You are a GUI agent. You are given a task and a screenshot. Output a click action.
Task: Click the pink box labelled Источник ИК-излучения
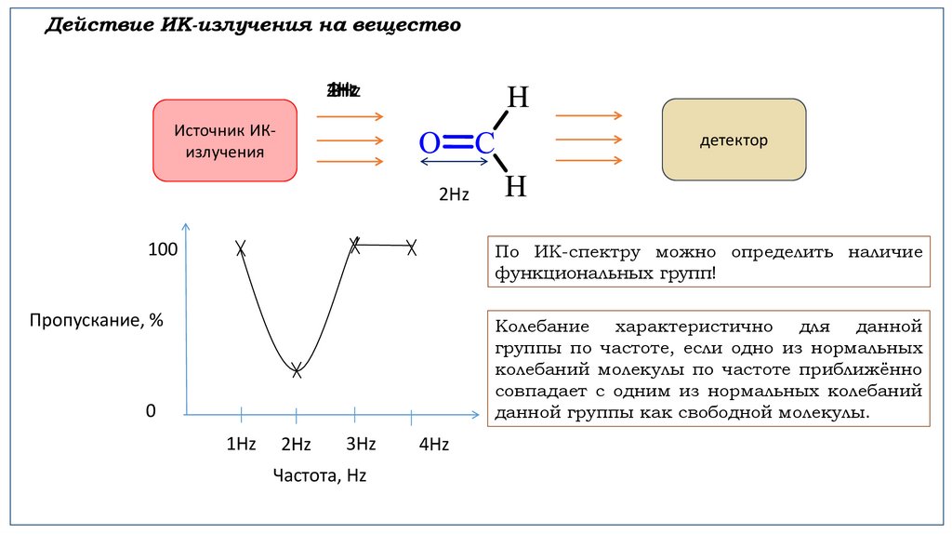[225, 140]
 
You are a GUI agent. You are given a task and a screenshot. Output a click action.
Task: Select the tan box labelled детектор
[734, 140]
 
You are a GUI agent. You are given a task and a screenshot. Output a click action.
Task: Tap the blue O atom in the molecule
[429, 143]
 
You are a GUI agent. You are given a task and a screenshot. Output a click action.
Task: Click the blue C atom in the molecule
[485, 143]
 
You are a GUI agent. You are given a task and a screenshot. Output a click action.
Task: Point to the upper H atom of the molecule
[517, 98]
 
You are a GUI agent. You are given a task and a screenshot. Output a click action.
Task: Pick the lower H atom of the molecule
[516, 187]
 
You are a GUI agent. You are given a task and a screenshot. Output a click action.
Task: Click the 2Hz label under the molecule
[454, 194]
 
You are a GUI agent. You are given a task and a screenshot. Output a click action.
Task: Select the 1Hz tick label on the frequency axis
[241, 444]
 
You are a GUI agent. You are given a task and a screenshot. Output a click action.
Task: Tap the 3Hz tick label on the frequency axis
[361, 444]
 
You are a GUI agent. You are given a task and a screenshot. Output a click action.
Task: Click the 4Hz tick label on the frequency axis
[433, 445]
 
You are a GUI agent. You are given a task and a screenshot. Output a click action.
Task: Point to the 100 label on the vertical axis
[162, 250]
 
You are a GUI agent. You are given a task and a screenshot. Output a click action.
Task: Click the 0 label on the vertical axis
[151, 411]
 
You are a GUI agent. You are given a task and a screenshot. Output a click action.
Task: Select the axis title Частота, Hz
[320, 475]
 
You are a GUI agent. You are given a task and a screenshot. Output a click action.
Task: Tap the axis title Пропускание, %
[96, 320]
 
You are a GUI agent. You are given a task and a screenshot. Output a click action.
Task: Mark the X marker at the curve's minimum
[297, 369]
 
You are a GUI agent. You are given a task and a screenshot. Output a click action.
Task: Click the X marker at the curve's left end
[241, 247]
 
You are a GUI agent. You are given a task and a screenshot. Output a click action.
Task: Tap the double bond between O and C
[456, 141]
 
